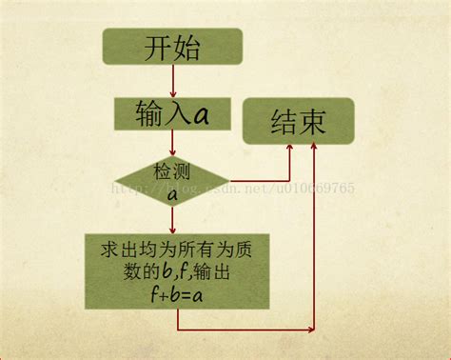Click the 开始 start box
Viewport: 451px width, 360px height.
(x=172, y=47)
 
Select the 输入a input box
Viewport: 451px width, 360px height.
(x=172, y=114)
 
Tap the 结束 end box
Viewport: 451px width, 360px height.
(x=298, y=121)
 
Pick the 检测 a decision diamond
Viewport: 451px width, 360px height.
(x=172, y=182)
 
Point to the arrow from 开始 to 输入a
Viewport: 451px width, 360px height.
(x=172, y=80)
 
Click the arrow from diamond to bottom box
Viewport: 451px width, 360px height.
(x=172, y=221)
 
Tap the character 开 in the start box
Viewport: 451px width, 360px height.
(x=158, y=48)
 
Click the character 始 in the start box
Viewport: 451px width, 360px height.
(x=186, y=48)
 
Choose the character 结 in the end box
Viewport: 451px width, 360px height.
(x=283, y=122)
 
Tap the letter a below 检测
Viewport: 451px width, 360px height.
(x=172, y=194)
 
